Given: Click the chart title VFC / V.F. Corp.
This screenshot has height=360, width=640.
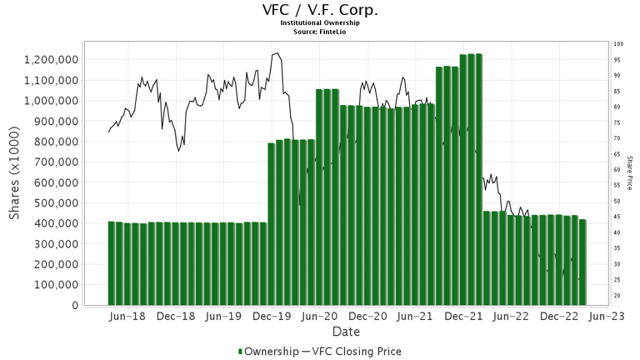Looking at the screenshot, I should pos(320,10).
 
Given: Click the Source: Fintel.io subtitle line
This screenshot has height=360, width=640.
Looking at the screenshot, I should pos(320,32).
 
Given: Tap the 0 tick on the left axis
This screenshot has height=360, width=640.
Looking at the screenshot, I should pos(74,306).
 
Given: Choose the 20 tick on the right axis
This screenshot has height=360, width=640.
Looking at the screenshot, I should pos(617,296).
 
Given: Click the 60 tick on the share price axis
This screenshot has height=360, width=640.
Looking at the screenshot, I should pos(617,170).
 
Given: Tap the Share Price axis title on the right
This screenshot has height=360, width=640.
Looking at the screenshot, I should pos(631,173).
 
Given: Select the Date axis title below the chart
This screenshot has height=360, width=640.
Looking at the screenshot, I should pos(344,332).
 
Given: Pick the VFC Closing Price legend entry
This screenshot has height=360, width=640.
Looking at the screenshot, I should pos(355,352).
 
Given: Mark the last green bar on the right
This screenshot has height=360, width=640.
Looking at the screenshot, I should pos(582,262).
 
